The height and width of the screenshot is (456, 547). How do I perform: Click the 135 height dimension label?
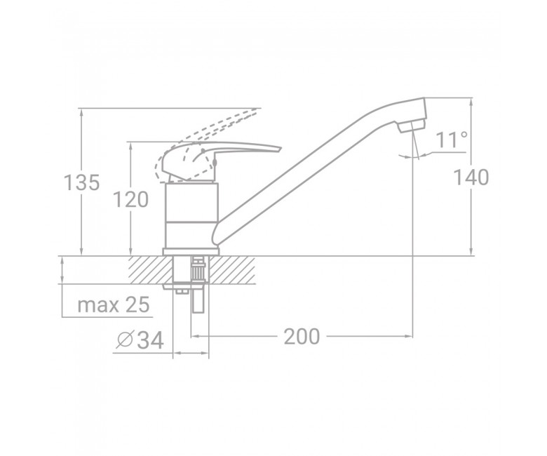82,182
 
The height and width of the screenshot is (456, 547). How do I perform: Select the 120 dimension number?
131,200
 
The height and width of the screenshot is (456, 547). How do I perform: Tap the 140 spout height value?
471,177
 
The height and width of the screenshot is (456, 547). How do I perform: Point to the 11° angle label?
452,140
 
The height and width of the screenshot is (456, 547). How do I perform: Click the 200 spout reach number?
302,337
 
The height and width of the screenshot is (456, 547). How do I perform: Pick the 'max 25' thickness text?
114,304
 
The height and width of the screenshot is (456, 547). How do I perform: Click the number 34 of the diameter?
150,340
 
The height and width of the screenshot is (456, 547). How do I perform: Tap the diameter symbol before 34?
125,340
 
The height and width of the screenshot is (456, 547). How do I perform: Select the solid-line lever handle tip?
279,149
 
